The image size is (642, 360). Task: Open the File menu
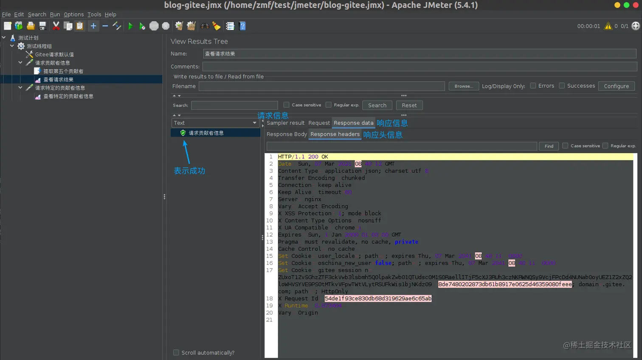pos(6,14)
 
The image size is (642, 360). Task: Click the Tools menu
pos(94,14)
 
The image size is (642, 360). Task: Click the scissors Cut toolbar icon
pos(56,26)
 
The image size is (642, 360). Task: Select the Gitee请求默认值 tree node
pos(54,54)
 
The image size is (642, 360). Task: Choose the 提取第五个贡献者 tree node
pos(63,71)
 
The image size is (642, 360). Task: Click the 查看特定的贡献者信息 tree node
pos(68,96)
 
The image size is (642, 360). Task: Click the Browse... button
pos(464,86)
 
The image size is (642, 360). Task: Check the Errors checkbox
pos(533,86)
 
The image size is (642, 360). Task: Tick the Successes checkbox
pos(562,86)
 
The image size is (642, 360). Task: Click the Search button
pos(377,105)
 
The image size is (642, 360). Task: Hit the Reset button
pos(409,105)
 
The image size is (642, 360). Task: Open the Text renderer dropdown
pos(215,123)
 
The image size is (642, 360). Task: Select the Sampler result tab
pos(285,123)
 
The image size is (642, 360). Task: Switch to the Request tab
pos(319,123)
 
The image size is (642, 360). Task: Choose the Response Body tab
pos(287,134)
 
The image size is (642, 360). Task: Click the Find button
pos(549,146)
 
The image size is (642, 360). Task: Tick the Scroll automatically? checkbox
pos(176,353)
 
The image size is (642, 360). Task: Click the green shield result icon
pos(183,133)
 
